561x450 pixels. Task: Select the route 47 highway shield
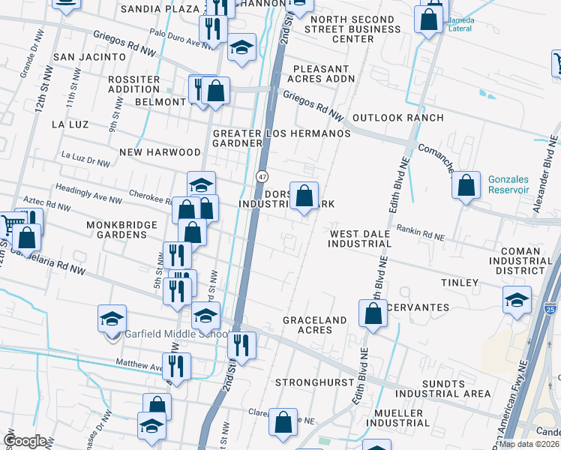pyautogui.click(x=262, y=176)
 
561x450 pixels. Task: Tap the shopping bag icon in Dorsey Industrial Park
pyautogui.click(x=304, y=196)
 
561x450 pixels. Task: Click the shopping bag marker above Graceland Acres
pyautogui.click(x=373, y=313)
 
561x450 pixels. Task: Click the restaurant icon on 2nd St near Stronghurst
pyautogui.click(x=241, y=346)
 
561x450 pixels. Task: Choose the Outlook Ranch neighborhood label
pyautogui.click(x=397, y=118)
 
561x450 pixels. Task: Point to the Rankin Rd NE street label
pyautogui.click(x=420, y=233)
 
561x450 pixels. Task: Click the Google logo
pyautogui.click(x=25, y=440)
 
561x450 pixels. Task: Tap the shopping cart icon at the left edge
pyautogui.click(x=9, y=223)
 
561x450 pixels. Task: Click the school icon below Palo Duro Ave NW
pyautogui.click(x=241, y=48)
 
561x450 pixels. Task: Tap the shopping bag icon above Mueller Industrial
pyautogui.click(x=283, y=422)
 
